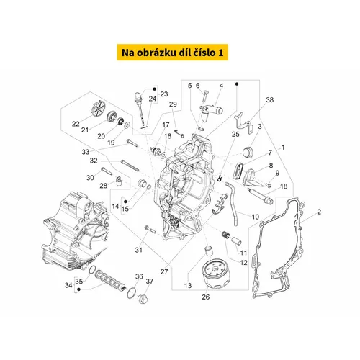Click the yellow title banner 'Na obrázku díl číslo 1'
(x=172, y=53)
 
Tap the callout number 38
(x=270, y=100)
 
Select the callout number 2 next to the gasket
(x=319, y=212)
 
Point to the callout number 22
(x=76, y=124)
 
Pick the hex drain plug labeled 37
(x=142, y=299)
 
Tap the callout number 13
(x=188, y=286)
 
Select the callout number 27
(x=164, y=271)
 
